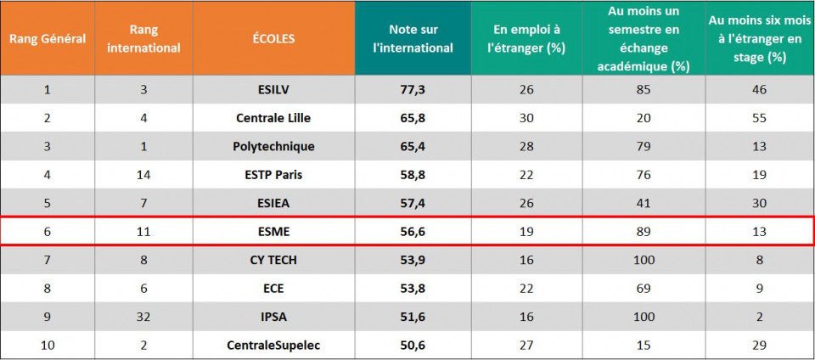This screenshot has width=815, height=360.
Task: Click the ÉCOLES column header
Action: pyautogui.click(x=273, y=39)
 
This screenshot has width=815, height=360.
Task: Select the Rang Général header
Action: pyautogui.click(x=47, y=39)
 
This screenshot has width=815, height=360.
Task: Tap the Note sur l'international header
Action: pyautogui.click(x=413, y=39)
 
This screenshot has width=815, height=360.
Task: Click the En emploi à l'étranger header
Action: pyautogui.click(x=526, y=39)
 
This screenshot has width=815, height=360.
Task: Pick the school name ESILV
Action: pyautogui.click(x=273, y=89)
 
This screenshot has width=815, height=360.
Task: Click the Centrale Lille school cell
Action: pyautogui.click(x=273, y=118)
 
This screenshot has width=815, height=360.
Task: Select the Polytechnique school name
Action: pyautogui.click(x=273, y=146)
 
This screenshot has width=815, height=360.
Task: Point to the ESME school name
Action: pyautogui.click(x=273, y=231)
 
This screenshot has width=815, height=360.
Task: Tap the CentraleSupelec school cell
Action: pyautogui.click(x=273, y=346)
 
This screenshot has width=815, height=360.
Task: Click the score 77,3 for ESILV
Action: pyautogui.click(x=413, y=89)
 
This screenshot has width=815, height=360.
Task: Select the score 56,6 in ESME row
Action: pyautogui.click(x=413, y=231)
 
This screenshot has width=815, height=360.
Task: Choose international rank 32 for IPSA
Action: pyautogui.click(x=144, y=317)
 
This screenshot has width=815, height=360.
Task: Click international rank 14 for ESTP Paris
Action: pyautogui.click(x=144, y=175)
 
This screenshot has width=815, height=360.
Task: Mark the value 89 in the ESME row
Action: pyautogui.click(x=644, y=231)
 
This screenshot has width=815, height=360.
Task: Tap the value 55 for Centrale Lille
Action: pyautogui.click(x=759, y=118)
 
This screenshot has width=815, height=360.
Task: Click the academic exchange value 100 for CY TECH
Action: pyautogui.click(x=644, y=260)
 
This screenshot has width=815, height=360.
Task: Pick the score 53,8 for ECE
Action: pyautogui.click(x=413, y=289)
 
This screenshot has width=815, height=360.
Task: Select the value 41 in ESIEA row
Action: pyautogui.click(x=644, y=203)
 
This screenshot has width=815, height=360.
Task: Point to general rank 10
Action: pyautogui.click(x=47, y=346)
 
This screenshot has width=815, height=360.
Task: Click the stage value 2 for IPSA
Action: pyautogui.click(x=759, y=317)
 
